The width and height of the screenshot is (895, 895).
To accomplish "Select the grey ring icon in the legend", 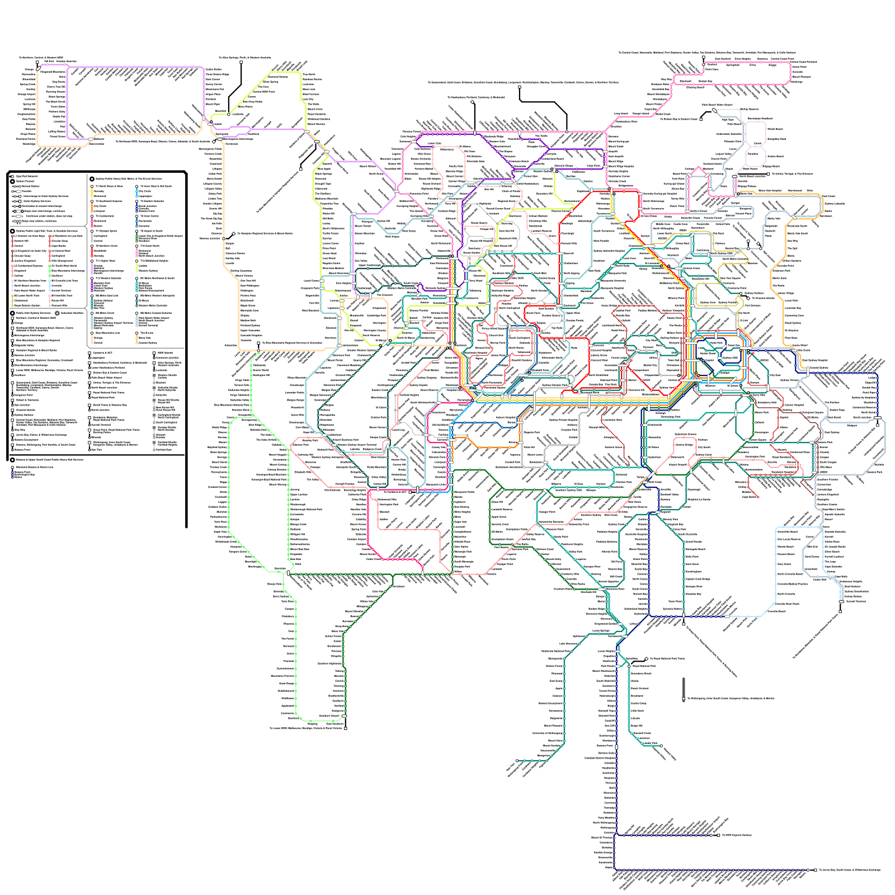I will click(x=57, y=313).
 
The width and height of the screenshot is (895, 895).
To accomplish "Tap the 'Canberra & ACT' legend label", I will click(x=102, y=353).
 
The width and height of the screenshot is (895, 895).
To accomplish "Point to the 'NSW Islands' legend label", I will click(x=165, y=353).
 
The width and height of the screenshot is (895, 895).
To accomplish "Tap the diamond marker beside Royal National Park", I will click(x=646, y=659).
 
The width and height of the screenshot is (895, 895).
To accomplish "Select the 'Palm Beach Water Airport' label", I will click(x=717, y=105).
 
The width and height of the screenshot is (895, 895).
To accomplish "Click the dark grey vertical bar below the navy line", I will click(x=683, y=689).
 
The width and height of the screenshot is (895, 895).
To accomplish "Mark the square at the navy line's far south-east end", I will click(x=816, y=870).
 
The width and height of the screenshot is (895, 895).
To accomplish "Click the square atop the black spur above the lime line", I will click(x=241, y=62).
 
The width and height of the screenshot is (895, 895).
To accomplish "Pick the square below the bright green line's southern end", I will click(x=346, y=728).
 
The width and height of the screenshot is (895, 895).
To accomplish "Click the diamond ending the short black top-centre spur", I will click(x=472, y=102).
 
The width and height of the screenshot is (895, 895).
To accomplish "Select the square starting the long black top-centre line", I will click(x=519, y=87).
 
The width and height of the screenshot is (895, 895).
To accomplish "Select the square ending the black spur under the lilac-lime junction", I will click(x=301, y=168).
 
